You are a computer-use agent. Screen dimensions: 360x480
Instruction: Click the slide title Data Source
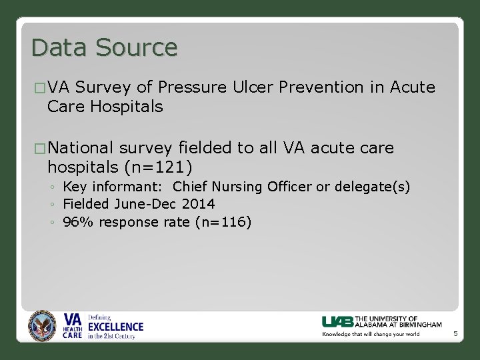pos(104,48)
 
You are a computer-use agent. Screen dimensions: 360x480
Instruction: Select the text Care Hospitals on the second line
pos(105,107)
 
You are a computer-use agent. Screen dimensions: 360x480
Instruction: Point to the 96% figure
pos(74,222)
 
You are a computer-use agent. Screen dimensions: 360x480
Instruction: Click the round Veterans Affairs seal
pos(43,327)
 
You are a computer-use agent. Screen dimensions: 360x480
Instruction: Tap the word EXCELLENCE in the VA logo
pos(115,327)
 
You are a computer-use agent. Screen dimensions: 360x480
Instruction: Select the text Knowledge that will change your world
pos(371,334)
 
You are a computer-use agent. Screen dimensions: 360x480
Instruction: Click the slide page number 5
pos(455,333)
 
